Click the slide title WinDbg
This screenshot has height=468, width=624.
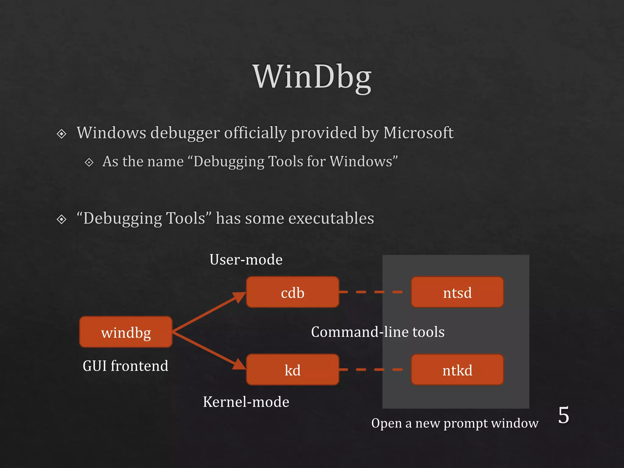click(x=312, y=77)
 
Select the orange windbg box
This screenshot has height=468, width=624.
click(x=126, y=332)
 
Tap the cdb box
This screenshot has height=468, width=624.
click(x=292, y=292)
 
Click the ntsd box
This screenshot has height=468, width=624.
click(x=457, y=292)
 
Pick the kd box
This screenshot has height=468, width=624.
click(x=292, y=370)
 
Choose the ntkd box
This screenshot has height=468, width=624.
click(x=457, y=370)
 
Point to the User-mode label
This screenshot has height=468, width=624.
click(x=246, y=260)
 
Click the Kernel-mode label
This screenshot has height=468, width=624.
click(x=246, y=402)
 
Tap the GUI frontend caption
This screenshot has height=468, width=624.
click(x=125, y=366)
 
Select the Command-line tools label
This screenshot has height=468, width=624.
click(x=378, y=332)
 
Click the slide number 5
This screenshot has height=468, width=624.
click(x=563, y=415)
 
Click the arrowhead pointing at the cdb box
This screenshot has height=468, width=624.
click(x=239, y=296)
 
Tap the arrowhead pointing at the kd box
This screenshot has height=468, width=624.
click(x=239, y=365)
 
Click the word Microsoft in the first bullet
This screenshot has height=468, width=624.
click(x=418, y=133)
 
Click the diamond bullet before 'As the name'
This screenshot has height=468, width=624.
click(x=89, y=162)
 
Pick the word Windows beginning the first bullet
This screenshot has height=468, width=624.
click(x=111, y=133)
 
